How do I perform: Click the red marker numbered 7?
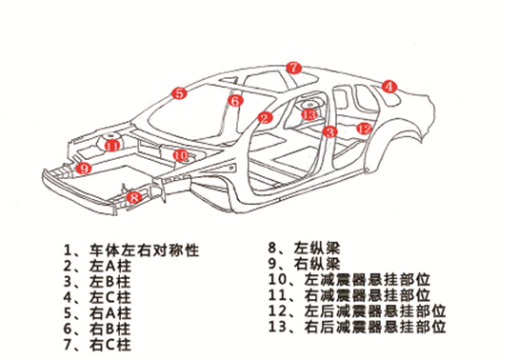293,68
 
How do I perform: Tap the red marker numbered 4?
389,87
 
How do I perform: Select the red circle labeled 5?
179,93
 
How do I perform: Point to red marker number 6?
235,100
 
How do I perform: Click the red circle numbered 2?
265,118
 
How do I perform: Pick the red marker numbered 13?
309,114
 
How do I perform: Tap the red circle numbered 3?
329,131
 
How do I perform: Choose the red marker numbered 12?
365,129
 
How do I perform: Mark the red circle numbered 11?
112,146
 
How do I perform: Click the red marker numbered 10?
180,155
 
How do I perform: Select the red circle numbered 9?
83,169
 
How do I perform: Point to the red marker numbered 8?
134,197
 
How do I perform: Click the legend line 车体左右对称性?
131,250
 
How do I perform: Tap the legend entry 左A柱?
97,267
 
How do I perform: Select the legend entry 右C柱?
97,345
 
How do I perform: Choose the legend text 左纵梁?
304,248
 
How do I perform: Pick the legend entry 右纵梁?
304,264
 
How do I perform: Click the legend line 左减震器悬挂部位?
349,279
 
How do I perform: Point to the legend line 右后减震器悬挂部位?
357,327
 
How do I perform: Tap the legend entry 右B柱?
97,329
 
